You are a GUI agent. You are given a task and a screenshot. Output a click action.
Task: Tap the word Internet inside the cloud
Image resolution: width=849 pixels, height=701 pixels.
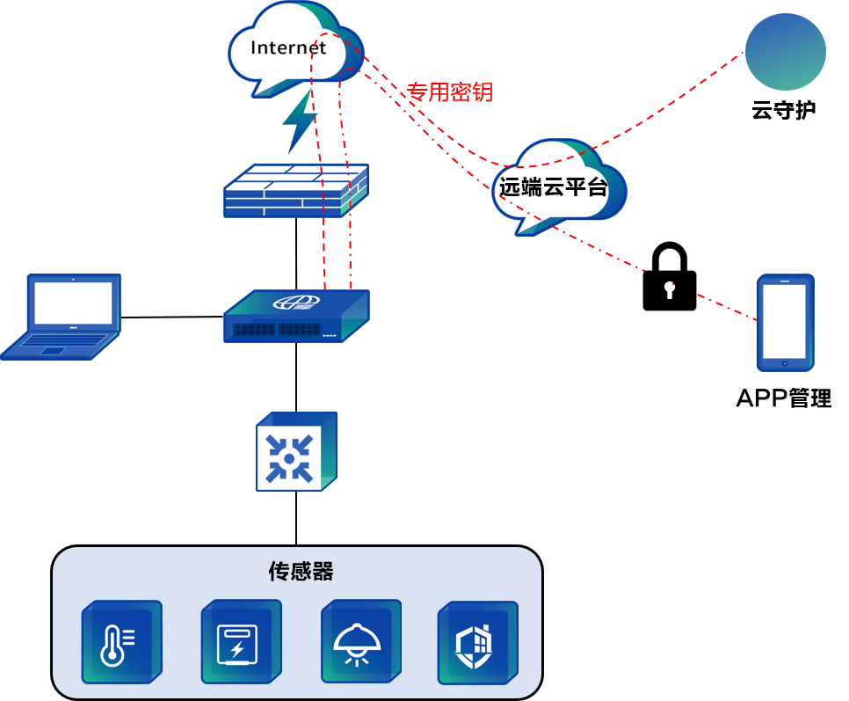[288, 47]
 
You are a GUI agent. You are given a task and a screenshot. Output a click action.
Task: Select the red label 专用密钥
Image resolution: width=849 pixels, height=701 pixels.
[449, 92]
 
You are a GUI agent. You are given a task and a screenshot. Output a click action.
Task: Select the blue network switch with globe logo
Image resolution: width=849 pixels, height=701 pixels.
[296, 317]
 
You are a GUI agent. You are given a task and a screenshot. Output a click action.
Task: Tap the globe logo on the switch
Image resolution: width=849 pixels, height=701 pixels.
[296, 303]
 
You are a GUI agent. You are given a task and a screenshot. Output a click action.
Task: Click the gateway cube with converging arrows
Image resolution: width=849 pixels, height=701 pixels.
[295, 451]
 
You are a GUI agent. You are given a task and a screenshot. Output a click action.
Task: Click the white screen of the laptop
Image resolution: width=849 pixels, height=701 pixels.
[73, 303]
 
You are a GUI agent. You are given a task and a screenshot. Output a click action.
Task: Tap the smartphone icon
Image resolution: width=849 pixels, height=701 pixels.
[785, 322]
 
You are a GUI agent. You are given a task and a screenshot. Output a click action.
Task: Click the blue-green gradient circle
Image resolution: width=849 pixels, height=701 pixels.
[785, 51]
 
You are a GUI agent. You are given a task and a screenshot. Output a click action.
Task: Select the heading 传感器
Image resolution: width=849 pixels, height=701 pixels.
[301, 572]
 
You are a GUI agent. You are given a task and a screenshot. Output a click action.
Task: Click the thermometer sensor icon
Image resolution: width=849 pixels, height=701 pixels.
[121, 642]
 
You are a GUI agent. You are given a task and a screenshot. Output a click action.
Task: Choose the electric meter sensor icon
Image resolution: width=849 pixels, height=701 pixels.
[240, 642]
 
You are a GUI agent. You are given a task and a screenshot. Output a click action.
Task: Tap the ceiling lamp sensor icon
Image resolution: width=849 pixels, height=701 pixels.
[359, 642]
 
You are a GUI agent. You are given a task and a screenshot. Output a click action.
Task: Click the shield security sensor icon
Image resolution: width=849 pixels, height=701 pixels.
[476, 644]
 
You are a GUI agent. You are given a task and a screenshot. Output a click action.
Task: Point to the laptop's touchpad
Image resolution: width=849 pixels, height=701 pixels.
[53, 350]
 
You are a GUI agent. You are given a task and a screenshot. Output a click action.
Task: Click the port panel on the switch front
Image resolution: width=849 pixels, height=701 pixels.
[276, 330]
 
